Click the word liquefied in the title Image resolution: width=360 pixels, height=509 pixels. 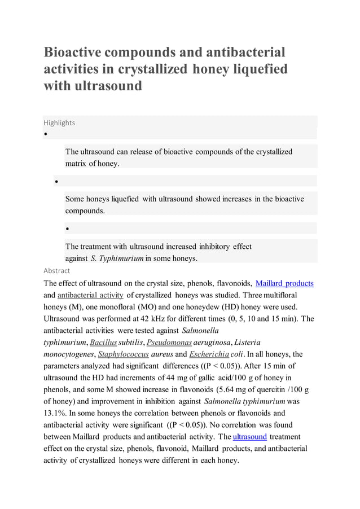click(257, 69)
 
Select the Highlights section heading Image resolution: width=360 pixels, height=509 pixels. click(59, 122)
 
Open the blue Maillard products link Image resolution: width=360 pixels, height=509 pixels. click(284, 283)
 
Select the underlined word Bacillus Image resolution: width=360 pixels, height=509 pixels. click(103, 343)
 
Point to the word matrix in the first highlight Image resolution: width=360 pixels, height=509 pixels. click(76, 164)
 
